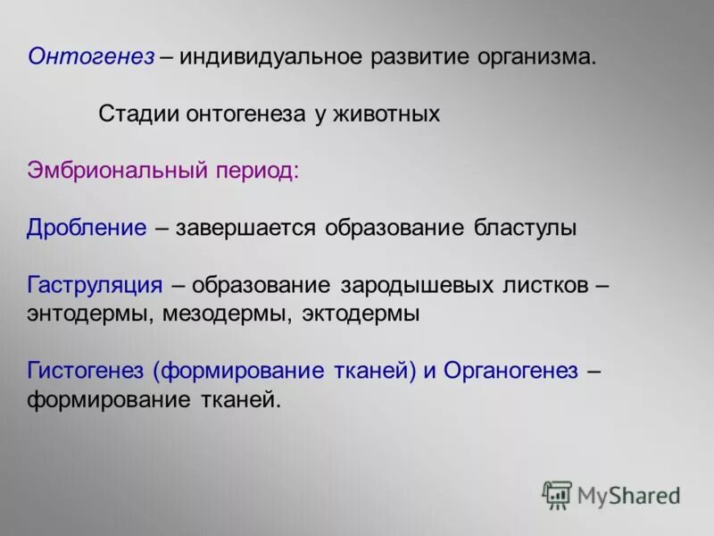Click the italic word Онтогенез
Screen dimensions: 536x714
[x=90, y=57]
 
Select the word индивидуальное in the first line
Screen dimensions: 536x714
[x=273, y=57]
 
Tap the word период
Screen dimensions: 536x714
[x=257, y=171]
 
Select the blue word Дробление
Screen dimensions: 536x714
[x=87, y=228]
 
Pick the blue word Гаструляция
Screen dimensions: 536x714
[x=95, y=285]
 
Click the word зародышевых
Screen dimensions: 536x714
[x=417, y=285]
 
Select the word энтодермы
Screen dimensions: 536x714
[x=90, y=314]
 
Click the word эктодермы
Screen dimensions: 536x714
[x=361, y=314]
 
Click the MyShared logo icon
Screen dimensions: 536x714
[x=557, y=494]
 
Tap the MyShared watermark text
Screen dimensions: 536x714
[x=628, y=494]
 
